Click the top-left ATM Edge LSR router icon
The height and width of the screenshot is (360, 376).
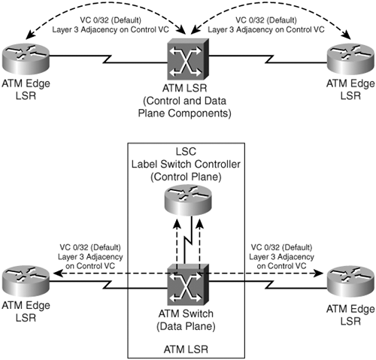26,59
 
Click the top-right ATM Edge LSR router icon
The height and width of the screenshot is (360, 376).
351,59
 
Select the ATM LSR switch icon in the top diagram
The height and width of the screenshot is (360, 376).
188,59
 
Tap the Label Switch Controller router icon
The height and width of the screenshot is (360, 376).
188,201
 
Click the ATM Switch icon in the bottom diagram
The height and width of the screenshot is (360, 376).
188,285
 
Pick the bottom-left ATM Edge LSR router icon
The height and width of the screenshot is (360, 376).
26,281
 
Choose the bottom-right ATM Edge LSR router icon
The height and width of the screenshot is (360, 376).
351,281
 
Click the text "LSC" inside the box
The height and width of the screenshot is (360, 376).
186,152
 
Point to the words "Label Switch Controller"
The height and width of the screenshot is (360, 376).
186,165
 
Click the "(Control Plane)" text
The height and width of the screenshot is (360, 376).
186,177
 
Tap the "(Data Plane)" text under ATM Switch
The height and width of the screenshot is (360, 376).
186,326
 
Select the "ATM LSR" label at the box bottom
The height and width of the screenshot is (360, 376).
186,349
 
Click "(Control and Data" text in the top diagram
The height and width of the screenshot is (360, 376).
185,101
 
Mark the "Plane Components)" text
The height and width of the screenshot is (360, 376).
185,113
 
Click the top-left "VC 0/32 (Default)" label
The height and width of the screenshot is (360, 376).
111,20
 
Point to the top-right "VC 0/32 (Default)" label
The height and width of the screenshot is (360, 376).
266,20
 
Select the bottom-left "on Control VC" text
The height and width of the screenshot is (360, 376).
90,266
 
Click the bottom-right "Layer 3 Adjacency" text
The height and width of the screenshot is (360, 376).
281,257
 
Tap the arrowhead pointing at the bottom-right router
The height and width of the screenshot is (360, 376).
320,274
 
